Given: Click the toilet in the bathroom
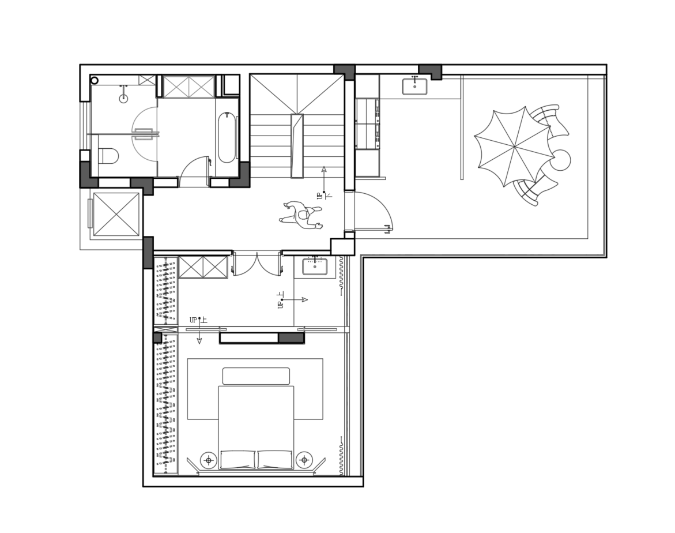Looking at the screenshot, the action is click(108, 156).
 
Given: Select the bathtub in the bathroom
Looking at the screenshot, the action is click(227, 138).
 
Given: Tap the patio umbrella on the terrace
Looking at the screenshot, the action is click(514, 147).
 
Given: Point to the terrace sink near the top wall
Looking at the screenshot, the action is click(414, 86).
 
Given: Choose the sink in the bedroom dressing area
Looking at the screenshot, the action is click(315, 266).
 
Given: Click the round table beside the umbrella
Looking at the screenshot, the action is click(560, 160).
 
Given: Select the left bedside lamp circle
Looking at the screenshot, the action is click(209, 461).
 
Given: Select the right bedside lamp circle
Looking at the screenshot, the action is click(304, 460).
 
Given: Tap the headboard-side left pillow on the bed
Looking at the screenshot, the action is click(237, 460).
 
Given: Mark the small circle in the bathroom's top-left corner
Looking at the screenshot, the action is click(95, 80).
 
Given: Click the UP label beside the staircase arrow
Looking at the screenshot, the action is click(320, 196).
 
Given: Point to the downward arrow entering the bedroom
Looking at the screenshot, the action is click(199, 331).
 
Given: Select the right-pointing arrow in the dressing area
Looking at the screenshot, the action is click(295, 299).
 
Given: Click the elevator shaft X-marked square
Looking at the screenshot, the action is click(116, 214).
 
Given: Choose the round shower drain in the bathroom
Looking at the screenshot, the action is click(123, 99).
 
